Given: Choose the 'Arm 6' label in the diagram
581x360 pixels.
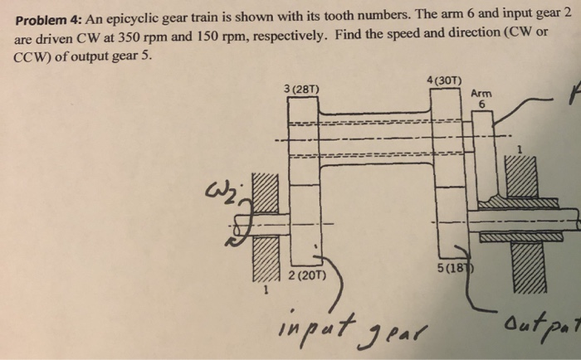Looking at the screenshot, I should tap(481, 99).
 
